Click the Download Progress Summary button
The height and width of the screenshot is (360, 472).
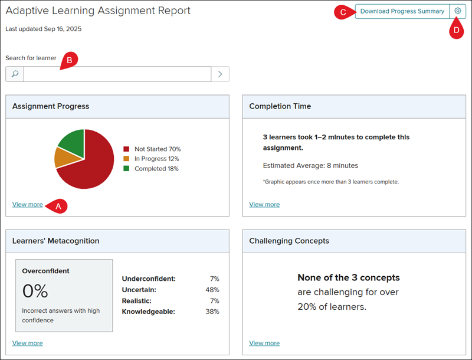tap(402, 11)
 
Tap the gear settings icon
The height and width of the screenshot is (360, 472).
tap(458, 11)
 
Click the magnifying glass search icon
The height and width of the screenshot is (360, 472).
tap(15, 74)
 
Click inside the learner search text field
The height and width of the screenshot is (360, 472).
tap(117, 74)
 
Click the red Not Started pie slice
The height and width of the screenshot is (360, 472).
tap(90, 169)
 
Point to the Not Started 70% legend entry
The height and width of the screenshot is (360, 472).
tap(152, 149)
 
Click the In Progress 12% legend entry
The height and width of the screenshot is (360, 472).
tap(151, 159)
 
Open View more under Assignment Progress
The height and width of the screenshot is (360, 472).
tap(27, 204)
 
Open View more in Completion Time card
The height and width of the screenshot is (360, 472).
tap(264, 204)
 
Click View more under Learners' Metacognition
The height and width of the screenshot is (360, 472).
tap(27, 343)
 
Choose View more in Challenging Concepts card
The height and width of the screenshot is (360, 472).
tap(264, 343)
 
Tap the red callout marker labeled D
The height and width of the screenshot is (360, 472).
tap(457, 30)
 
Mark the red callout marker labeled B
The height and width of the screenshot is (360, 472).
tap(69, 60)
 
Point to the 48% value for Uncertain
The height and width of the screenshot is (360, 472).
tap(212, 290)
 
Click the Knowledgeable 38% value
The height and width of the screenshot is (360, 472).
tap(212, 312)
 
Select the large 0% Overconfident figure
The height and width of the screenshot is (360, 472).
tap(35, 291)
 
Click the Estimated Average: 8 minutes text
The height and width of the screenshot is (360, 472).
tap(310, 166)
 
